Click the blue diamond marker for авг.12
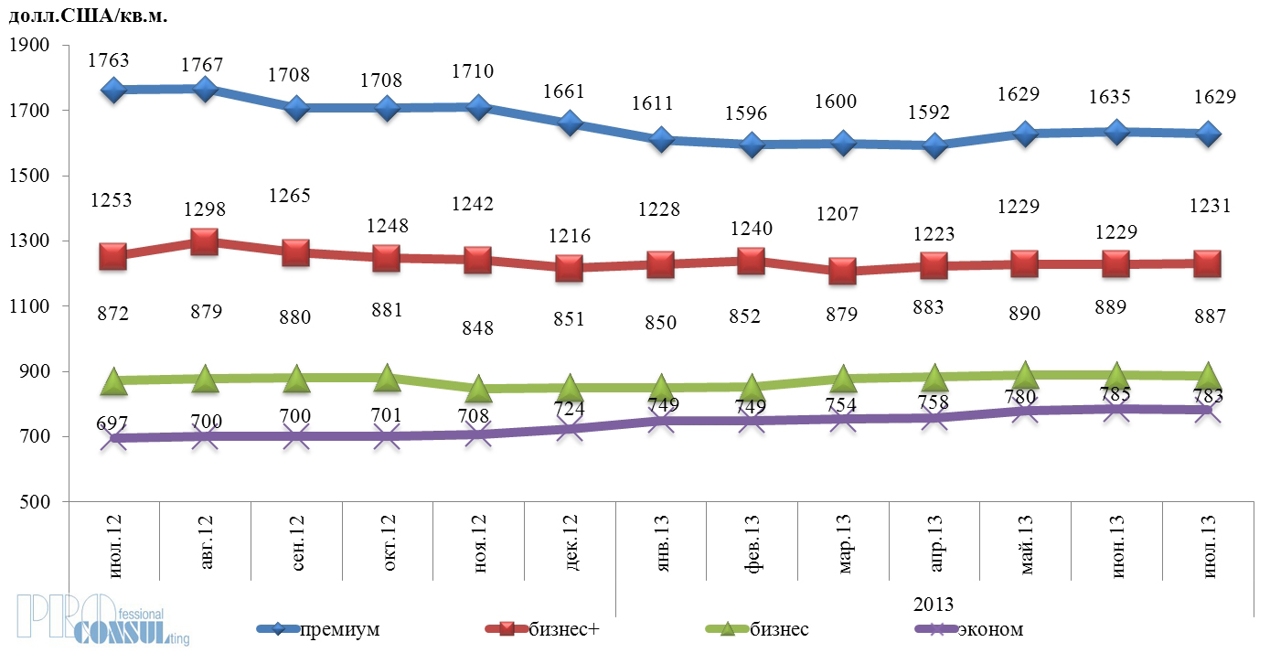pos(205,89)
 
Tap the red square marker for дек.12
pos(569,268)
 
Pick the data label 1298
pos(205,209)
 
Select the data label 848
pos(477,326)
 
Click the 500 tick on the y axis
pos(33,502)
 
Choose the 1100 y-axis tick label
pos(28,306)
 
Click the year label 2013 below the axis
pos(934,605)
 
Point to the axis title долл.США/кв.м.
pos(88,15)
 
